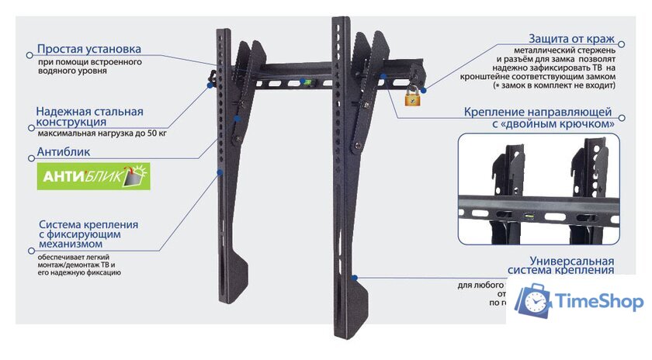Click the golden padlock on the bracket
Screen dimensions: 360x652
(x=411, y=96)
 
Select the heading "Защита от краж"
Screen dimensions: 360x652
(x=572, y=38)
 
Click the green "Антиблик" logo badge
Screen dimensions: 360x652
(x=94, y=176)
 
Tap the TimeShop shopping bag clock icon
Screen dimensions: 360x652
(x=534, y=302)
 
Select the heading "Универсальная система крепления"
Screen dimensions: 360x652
(x=561, y=265)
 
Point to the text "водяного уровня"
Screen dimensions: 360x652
(x=72, y=71)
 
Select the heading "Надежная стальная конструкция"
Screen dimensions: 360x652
(x=90, y=117)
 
